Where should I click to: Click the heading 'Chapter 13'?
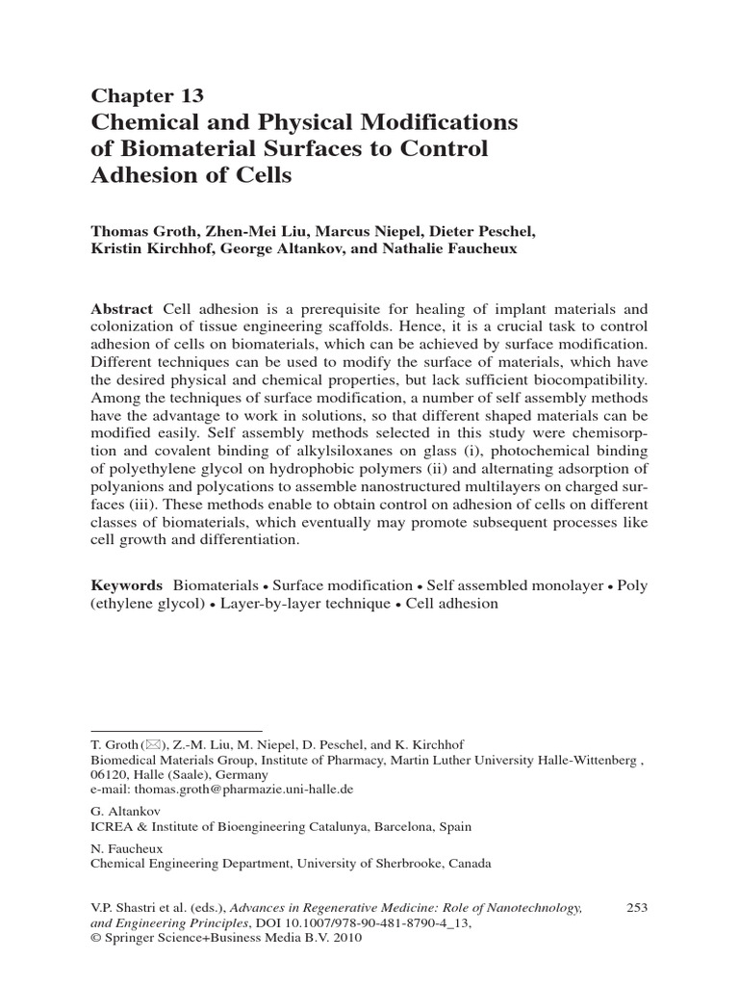click(x=146, y=95)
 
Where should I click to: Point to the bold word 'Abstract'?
click(x=121, y=309)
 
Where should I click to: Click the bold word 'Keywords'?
click(x=126, y=585)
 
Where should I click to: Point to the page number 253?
click(x=638, y=907)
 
